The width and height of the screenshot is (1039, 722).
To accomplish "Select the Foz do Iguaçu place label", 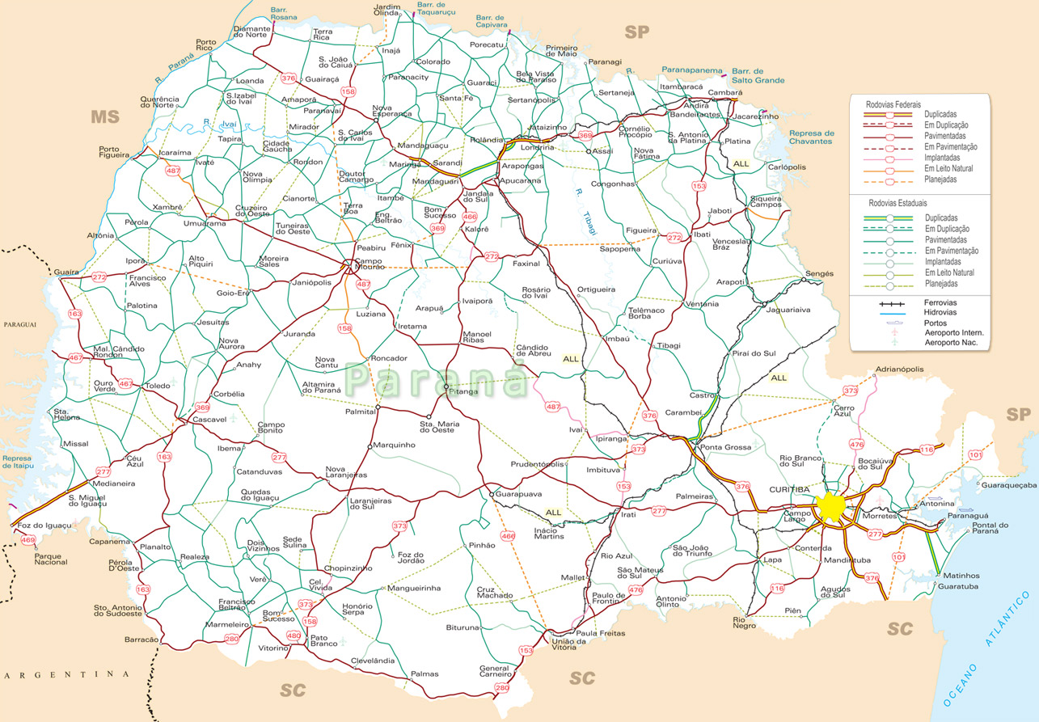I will (44, 526).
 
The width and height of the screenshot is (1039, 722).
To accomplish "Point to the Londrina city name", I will (538, 148).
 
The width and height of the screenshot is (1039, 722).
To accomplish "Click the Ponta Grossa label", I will (725, 447).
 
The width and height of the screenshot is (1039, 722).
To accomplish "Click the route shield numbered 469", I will (28, 539).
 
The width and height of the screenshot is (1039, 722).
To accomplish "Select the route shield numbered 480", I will (294, 635).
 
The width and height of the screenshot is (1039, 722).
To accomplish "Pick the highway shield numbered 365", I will (585, 135).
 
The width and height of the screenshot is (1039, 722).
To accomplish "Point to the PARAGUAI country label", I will (20, 324).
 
